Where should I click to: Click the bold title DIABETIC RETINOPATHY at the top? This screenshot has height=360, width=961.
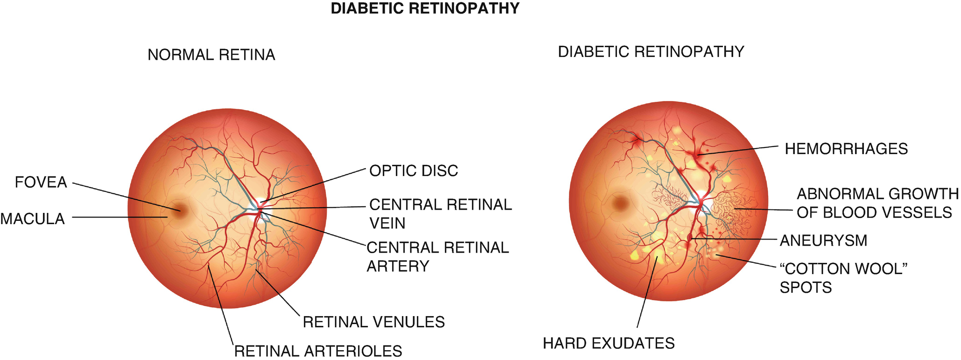point(425,8)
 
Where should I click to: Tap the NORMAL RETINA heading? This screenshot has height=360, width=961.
point(211,55)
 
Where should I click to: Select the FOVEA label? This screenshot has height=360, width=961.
point(41,182)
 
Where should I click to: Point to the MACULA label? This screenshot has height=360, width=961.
point(32,219)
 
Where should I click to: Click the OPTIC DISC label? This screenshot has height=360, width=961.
point(414,171)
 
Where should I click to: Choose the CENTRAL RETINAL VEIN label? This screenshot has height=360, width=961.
point(440,214)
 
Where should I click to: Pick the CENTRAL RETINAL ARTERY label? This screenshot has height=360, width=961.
point(437,256)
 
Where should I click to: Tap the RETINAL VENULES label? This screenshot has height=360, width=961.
point(373,322)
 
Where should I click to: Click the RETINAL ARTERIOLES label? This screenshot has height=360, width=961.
point(318,351)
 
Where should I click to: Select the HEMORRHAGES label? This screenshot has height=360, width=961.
point(846,149)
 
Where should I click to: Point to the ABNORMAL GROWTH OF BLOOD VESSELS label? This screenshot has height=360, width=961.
point(877,203)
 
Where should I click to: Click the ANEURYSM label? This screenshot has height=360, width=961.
point(823,240)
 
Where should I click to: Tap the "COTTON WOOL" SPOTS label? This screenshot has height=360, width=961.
point(843,278)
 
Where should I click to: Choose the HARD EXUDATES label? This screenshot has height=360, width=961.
point(608,343)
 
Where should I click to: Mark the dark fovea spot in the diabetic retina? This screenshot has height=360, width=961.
point(620,202)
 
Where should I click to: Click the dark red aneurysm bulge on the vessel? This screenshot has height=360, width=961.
point(690,238)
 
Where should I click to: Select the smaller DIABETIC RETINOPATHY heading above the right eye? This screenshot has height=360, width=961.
point(651,52)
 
